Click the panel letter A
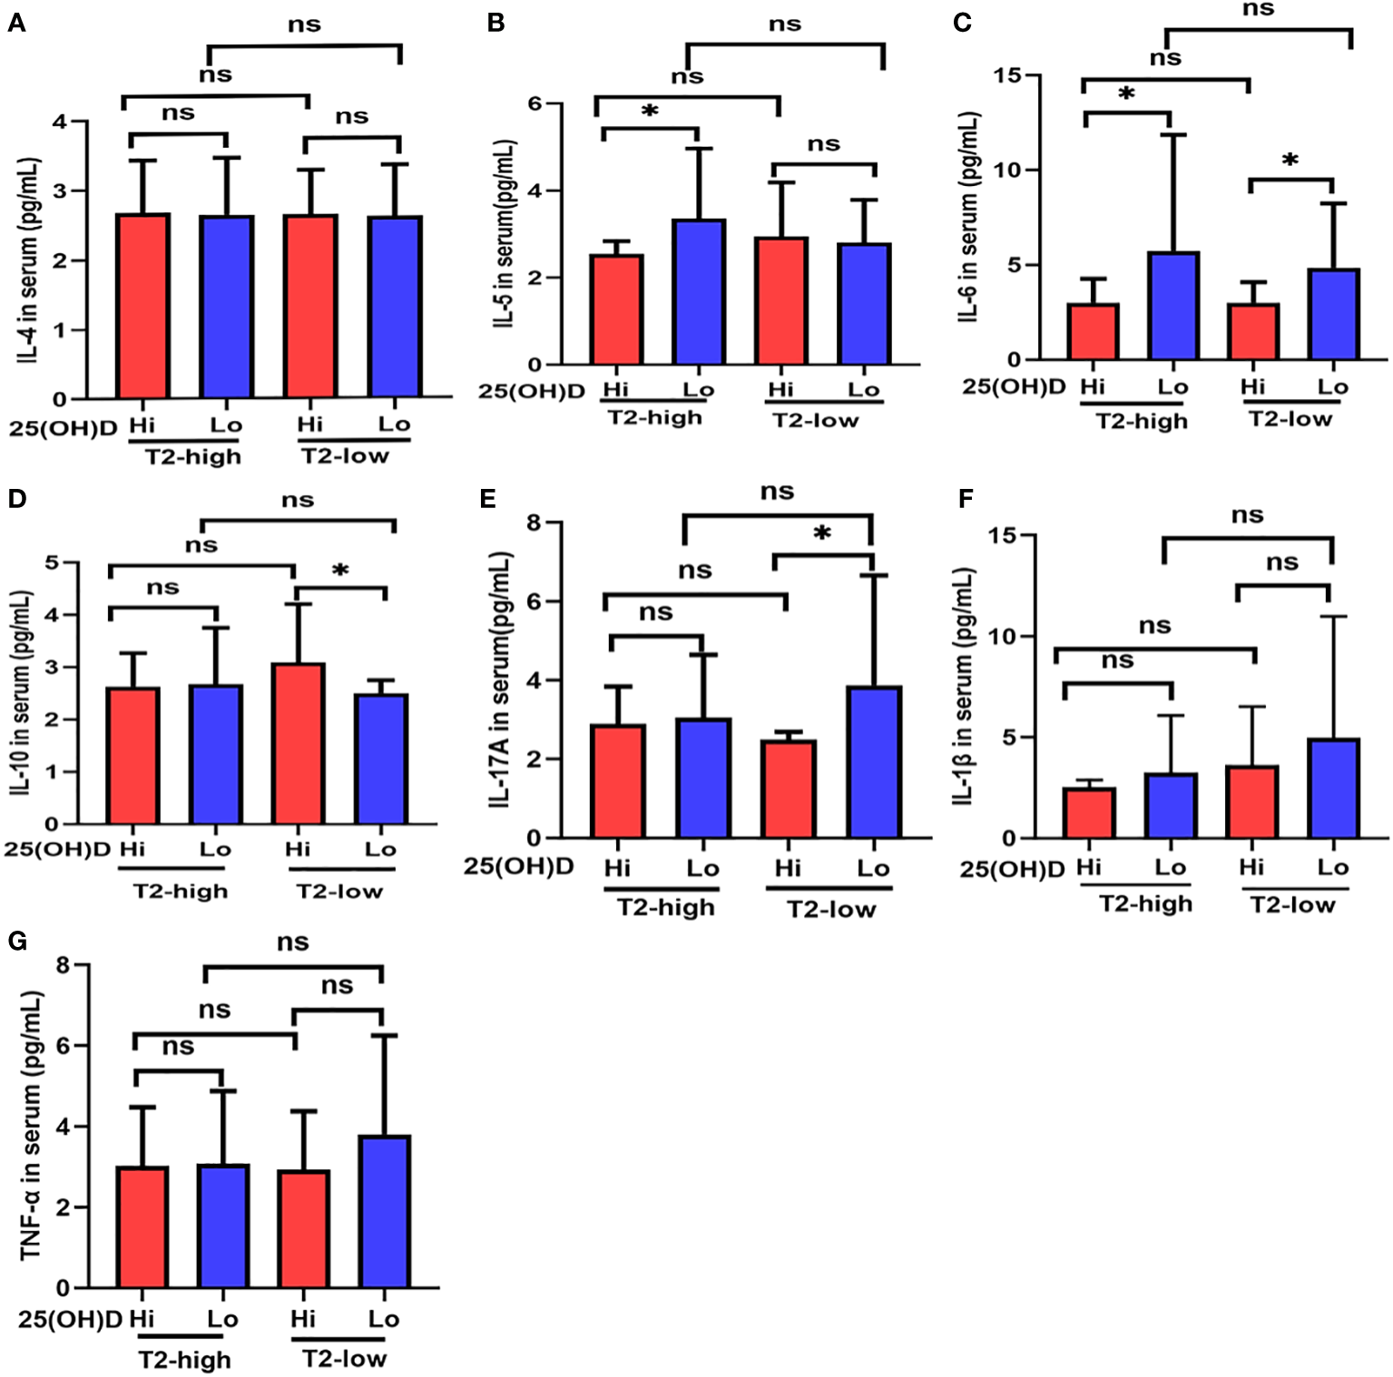(x=16, y=23)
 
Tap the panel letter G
(x=17, y=941)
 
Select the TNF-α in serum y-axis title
(x=31, y=1125)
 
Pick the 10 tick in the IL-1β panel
(x=1000, y=636)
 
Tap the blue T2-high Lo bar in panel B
(x=699, y=291)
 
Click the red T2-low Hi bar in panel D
(x=298, y=744)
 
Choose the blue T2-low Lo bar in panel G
(x=384, y=1211)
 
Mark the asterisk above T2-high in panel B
(x=650, y=112)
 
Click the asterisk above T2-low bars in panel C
(x=1290, y=161)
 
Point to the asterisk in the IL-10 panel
(x=340, y=571)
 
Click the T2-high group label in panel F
(x=1145, y=903)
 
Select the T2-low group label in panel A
(x=345, y=455)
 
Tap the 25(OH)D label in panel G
(x=69, y=1319)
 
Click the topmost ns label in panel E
(x=777, y=492)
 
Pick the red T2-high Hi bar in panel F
(x=1089, y=813)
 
